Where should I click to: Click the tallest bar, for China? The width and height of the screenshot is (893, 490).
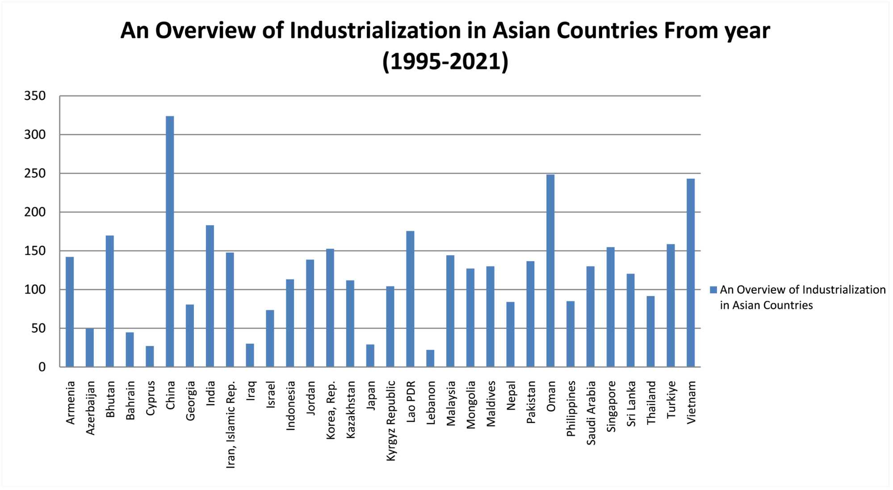(170, 241)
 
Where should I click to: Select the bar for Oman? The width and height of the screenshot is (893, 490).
(550, 270)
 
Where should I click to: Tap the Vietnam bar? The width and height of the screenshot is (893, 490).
(691, 272)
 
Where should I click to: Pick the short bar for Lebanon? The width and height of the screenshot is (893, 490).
(430, 358)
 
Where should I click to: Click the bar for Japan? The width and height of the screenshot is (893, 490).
(370, 356)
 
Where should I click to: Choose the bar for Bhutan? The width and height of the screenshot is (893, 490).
(110, 301)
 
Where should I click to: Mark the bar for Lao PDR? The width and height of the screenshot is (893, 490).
(410, 299)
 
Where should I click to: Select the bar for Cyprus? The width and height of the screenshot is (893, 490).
(150, 357)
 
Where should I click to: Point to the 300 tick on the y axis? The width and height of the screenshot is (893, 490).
(35, 135)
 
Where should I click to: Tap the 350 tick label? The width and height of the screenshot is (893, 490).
(35, 96)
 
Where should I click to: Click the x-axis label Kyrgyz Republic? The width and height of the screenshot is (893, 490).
(391, 420)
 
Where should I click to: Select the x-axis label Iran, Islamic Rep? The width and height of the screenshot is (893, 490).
(231, 424)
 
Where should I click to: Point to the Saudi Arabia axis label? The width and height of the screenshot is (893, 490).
(591, 413)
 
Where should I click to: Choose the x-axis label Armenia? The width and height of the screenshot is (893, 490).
(70, 403)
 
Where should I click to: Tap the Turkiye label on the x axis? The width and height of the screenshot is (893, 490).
(671, 400)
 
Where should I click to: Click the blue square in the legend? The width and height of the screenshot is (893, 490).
(713, 290)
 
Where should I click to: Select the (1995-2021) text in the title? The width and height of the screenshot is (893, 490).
(445, 62)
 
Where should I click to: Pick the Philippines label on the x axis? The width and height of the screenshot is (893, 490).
(571, 408)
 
